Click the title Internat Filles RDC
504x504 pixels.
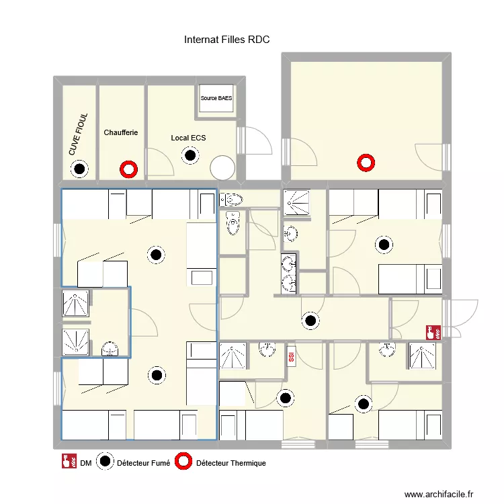pyautogui.click(x=226, y=40)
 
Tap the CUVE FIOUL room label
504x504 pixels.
pyautogui.click(x=78, y=134)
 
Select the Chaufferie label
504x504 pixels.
pyautogui.click(x=121, y=133)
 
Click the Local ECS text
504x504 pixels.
pyautogui.click(x=188, y=138)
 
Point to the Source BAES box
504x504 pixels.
pyautogui.click(x=216, y=99)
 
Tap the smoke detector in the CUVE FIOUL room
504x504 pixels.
pyautogui.click(x=81, y=169)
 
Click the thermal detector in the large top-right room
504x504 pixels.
pyautogui.click(x=366, y=161)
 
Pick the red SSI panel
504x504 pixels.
pyautogui.click(x=291, y=356)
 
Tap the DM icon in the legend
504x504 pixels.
pyautogui.click(x=67, y=462)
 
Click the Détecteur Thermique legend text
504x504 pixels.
pyautogui.click(x=230, y=463)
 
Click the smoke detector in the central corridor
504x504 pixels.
pyautogui.click(x=310, y=321)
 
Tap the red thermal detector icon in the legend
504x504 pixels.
pyautogui.click(x=183, y=462)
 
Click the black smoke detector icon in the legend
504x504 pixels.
pyautogui.click(x=105, y=462)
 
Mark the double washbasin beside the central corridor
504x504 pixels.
pyautogui.click(x=288, y=274)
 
